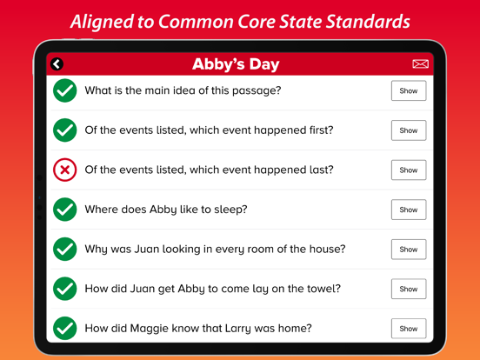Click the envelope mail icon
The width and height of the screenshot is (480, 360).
point(420,63)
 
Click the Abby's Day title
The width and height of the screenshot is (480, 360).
point(236,64)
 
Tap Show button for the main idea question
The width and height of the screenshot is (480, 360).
point(409,90)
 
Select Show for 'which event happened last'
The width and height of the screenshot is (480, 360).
point(409,170)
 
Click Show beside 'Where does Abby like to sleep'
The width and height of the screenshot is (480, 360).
point(409,210)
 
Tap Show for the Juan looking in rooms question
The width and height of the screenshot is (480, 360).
point(409,250)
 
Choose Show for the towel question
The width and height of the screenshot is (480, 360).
point(409,289)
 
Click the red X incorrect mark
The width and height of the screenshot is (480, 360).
point(65,170)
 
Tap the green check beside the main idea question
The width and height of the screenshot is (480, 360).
point(65,90)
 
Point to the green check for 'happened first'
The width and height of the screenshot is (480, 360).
point(65,130)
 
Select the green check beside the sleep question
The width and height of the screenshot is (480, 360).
point(65,210)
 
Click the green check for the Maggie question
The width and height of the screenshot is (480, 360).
point(65,329)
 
